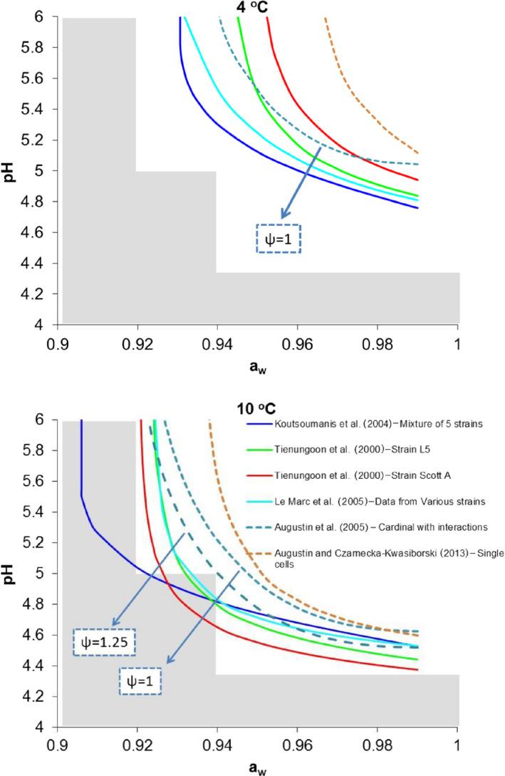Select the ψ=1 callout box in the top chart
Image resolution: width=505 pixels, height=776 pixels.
(278, 238)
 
